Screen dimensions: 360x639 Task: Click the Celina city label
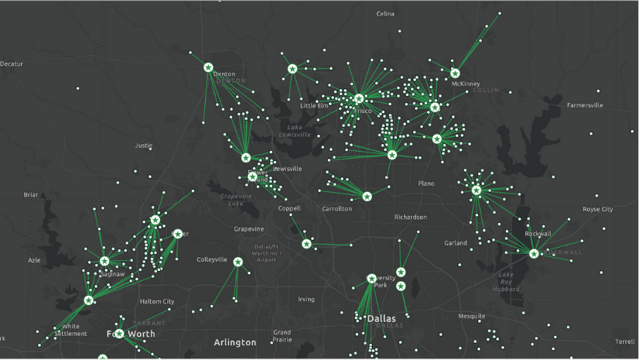click(385, 14)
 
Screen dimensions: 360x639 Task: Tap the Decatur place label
click(12, 63)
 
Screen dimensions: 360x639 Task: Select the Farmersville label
click(584, 105)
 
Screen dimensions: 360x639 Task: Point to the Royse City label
click(597, 209)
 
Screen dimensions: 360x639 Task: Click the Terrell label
click(624, 341)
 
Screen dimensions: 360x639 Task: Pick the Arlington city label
click(234, 342)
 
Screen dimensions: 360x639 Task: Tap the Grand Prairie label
click(282, 337)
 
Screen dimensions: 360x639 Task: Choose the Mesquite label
click(471, 316)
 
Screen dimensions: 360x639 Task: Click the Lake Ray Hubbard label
click(506, 282)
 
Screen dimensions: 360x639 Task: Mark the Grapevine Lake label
click(235, 200)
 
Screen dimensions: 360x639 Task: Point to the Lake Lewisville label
click(294, 131)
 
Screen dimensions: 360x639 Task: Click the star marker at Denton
click(208, 67)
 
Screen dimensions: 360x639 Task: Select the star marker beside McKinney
click(455, 74)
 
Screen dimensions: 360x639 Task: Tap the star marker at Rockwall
click(534, 253)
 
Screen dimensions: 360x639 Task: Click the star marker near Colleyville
click(237, 262)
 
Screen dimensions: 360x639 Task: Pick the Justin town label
click(144, 146)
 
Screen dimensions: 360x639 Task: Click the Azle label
click(34, 260)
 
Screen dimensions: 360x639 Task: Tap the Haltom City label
click(156, 301)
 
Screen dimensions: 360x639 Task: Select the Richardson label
click(410, 217)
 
